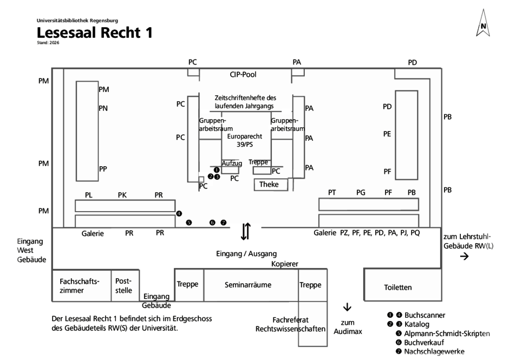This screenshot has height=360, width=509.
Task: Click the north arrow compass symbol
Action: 483,23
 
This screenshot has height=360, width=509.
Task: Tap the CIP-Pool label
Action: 243,75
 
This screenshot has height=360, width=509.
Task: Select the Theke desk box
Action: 271,185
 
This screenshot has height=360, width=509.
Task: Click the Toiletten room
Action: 402,285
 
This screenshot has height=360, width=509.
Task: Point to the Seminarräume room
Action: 251,285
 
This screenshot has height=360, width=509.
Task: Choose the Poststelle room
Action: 125,285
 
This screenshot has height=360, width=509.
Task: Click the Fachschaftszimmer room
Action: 82,285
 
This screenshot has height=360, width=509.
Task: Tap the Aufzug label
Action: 232,163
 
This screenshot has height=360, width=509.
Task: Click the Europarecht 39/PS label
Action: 244,140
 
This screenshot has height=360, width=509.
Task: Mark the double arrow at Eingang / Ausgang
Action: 246,231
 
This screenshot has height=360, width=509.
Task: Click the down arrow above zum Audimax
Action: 347,307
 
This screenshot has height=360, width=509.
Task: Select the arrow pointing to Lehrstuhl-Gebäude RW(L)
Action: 465,257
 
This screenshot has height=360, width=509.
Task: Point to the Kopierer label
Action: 285,264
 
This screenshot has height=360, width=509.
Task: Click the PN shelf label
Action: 103,108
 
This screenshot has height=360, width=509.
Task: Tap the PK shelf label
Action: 122,195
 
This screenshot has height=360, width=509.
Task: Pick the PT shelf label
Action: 332,193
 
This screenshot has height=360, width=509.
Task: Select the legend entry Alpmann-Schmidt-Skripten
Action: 447,333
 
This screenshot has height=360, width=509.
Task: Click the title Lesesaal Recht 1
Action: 94,32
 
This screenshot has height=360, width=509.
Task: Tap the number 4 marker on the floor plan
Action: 179,214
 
